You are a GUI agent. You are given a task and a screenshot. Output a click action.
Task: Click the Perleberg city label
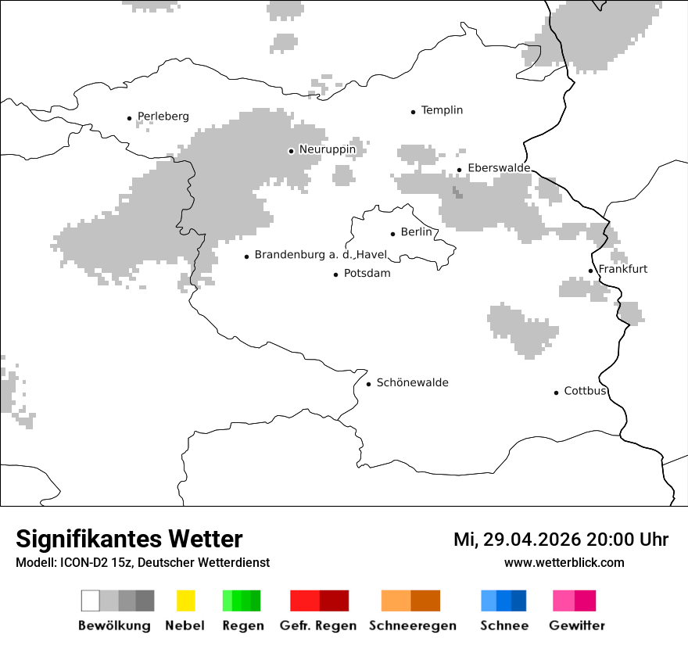[x=163, y=117]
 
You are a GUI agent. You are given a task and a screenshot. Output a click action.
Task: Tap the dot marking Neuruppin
[x=291, y=151]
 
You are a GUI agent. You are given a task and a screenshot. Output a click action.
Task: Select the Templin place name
[x=442, y=110]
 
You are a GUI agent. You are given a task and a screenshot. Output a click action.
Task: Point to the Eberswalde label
[x=498, y=168]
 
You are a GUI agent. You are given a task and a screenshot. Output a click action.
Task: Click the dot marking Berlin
[x=393, y=233]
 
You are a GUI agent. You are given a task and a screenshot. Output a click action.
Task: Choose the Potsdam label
[x=367, y=274]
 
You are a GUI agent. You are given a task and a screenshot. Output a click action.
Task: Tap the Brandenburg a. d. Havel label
[x=321, y=255]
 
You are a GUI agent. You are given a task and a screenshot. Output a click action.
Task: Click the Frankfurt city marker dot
[x=591, y=271]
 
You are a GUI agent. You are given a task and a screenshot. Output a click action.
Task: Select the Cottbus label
[x=585, y=391]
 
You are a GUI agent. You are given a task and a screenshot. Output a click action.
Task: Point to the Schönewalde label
[x=412, y=382]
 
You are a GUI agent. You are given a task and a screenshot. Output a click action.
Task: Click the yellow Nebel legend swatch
[x=185, y=601]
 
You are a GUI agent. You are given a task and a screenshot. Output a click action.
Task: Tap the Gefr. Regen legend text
[x=318, y=626]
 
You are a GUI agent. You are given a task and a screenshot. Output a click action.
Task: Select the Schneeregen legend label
[x=412, y=626]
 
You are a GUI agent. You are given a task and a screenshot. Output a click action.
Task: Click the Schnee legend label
[x=504, y=626]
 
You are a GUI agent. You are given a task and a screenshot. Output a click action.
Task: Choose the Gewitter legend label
[x=577, y=626]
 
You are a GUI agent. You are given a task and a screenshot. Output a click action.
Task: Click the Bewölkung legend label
[x=114, y=626]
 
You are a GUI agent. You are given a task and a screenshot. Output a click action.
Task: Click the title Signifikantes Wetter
[x=129, y=539]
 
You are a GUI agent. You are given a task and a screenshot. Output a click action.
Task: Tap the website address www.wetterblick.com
[x=564, y=562]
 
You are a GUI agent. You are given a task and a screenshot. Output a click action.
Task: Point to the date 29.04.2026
[x=527, y=540]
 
